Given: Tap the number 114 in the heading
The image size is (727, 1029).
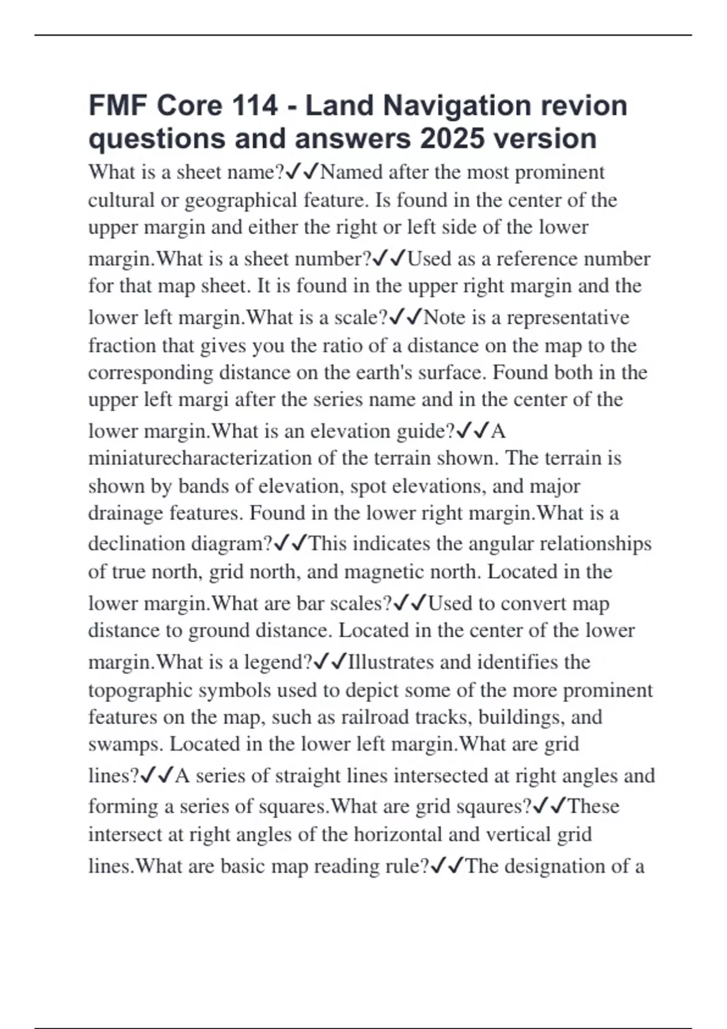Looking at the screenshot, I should click(x=254, y=106).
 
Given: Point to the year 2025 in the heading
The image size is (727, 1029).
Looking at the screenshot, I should click(x=453, y=139).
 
